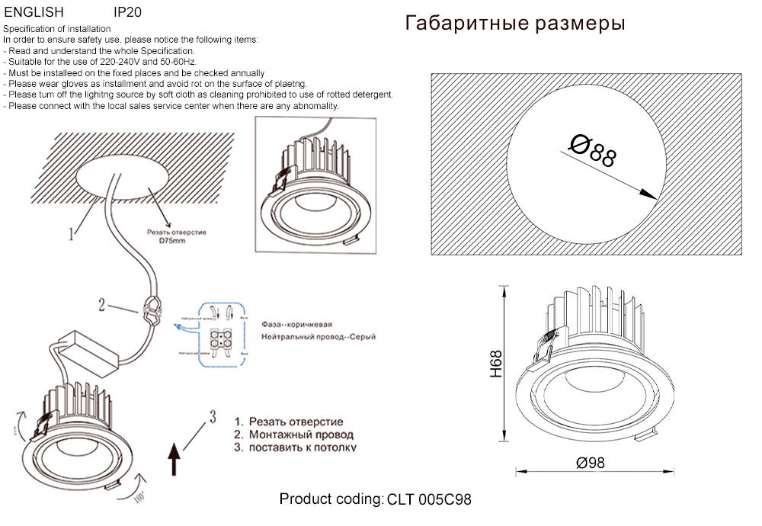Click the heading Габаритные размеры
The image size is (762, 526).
pos(516,24)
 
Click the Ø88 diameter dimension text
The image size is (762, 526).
pos(593,150)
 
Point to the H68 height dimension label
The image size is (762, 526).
pos(496,364)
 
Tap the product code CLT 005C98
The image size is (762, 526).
pos(429,500)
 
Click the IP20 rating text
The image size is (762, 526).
pos(126,13)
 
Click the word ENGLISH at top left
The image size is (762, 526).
pos(34,13)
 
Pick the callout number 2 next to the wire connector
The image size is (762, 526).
pos(101,304)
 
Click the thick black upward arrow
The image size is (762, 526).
pos(174,460)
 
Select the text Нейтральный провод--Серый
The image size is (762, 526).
pos(318,336)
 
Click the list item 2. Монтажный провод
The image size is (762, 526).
pos(293,435)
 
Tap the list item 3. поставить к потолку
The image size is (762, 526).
pos(295,447)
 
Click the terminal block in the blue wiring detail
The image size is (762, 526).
pos(221,338)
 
